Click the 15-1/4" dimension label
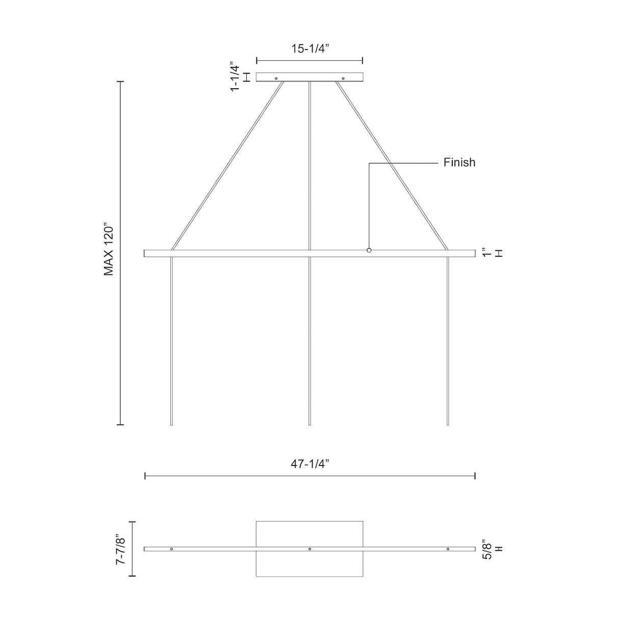coord(309,49)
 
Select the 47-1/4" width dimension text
coord(310,463)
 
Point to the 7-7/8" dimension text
coord(121,548)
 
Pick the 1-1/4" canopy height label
coord(235,78)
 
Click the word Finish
coord(459,163)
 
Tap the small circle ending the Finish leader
coord(369,250)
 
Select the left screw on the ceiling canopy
coord(276,79)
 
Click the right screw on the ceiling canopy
coord(343,79)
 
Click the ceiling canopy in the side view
coord(310,77)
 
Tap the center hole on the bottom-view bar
coord(310,549)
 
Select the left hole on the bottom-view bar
coord(171,549)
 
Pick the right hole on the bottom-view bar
coord(448,549)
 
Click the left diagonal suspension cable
coord(227,166)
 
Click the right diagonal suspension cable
coord(392,166)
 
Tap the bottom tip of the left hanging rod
coord(171,424)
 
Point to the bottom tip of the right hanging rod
coord(448,424)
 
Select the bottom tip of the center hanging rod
coord(310,424)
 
